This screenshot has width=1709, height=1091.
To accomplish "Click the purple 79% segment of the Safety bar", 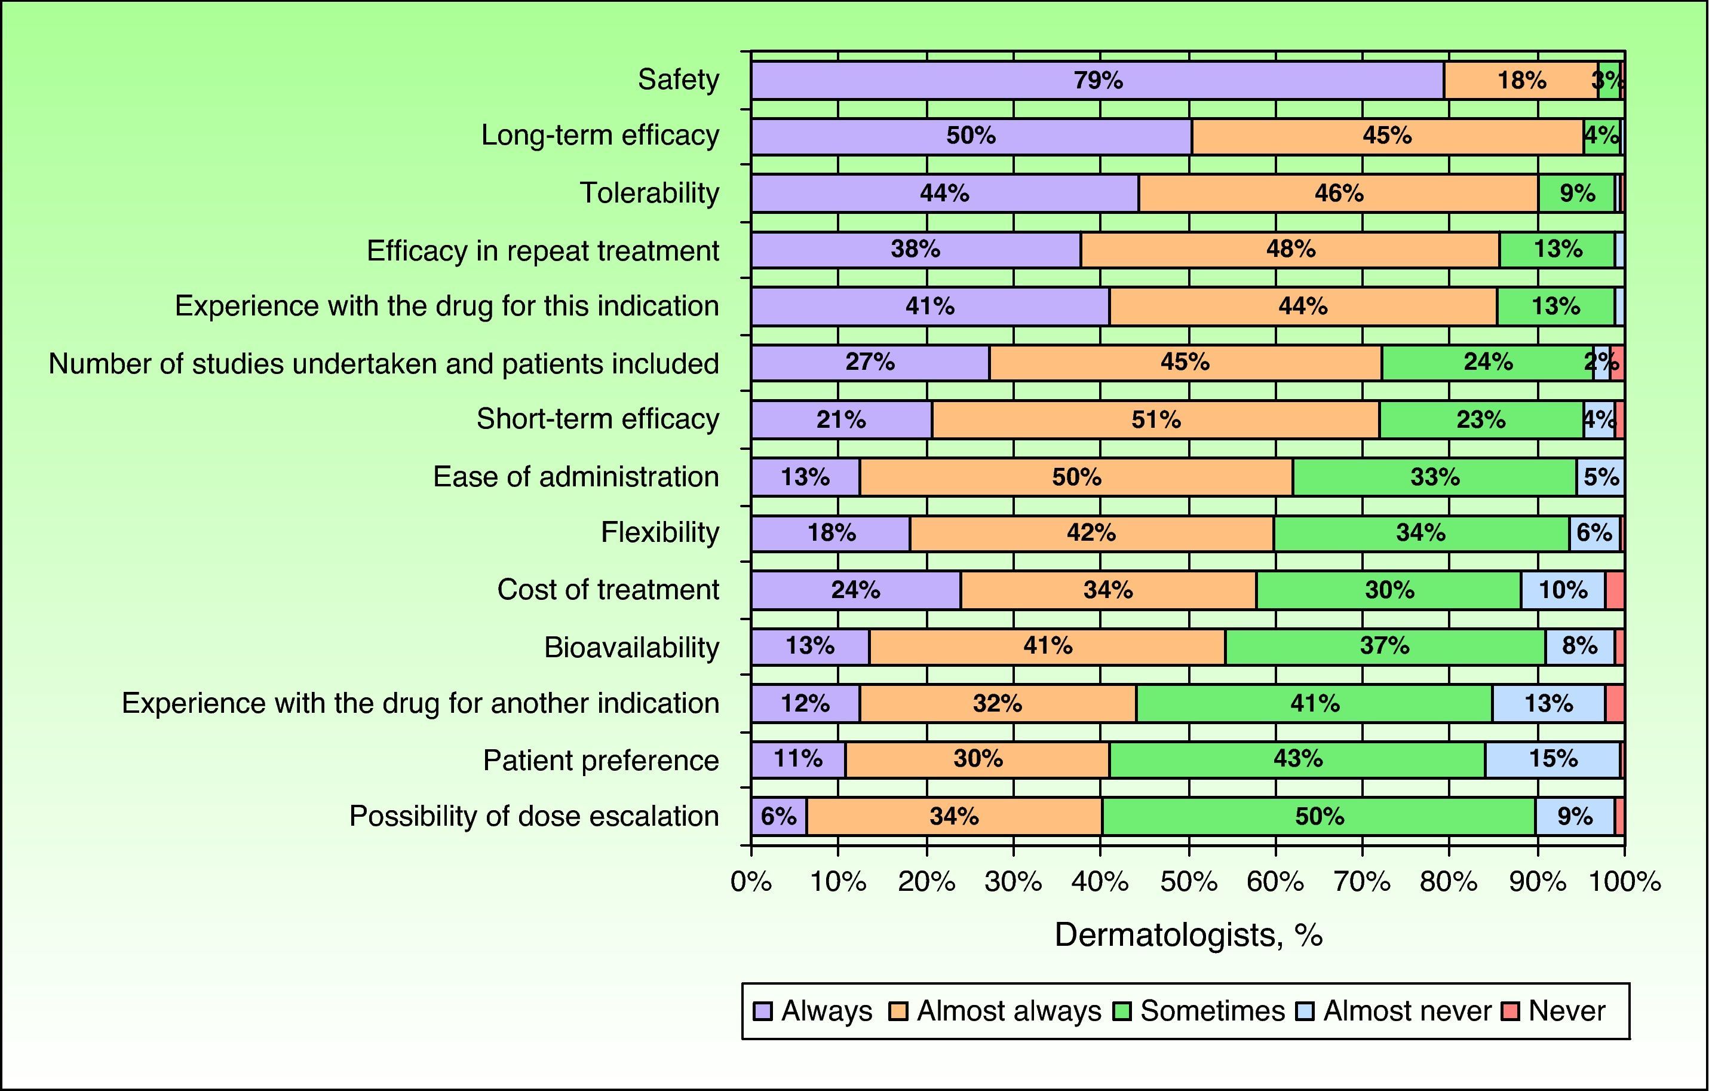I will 1097,80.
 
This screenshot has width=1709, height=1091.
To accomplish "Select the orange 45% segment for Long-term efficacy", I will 1387,136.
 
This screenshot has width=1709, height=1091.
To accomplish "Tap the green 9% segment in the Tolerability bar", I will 1576,193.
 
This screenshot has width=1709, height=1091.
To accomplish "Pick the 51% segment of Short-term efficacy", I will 1155,419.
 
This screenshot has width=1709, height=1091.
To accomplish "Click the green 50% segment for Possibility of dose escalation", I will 1319,816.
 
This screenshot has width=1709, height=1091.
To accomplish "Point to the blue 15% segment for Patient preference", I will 1552,759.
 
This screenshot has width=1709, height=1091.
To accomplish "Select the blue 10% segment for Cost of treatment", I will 1563,590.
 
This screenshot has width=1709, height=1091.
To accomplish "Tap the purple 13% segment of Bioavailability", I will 810,646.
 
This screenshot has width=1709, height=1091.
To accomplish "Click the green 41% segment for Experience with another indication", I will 1314,703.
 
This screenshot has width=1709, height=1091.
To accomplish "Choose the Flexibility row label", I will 660,532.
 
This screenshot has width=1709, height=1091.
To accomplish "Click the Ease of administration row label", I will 576,476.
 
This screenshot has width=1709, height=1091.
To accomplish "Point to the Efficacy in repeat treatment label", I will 543,250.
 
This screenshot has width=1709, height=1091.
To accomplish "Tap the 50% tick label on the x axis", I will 1189,882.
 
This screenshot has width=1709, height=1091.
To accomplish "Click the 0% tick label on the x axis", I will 751,882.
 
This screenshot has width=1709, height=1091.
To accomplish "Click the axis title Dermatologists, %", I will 1188,935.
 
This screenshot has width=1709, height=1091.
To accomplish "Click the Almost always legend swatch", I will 898,1011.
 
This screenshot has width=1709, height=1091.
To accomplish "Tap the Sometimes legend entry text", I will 1212,1011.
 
